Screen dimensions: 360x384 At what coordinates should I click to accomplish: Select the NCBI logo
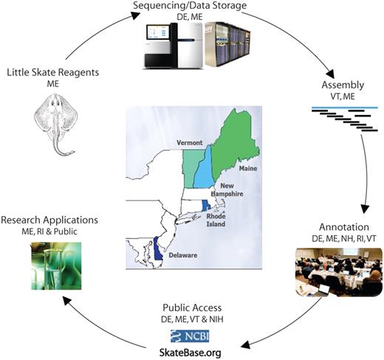190,336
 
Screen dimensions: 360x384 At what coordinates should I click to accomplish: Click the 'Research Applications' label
49,220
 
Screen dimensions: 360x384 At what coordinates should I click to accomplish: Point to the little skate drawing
52,125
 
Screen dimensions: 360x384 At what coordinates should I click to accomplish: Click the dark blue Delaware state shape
158,247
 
